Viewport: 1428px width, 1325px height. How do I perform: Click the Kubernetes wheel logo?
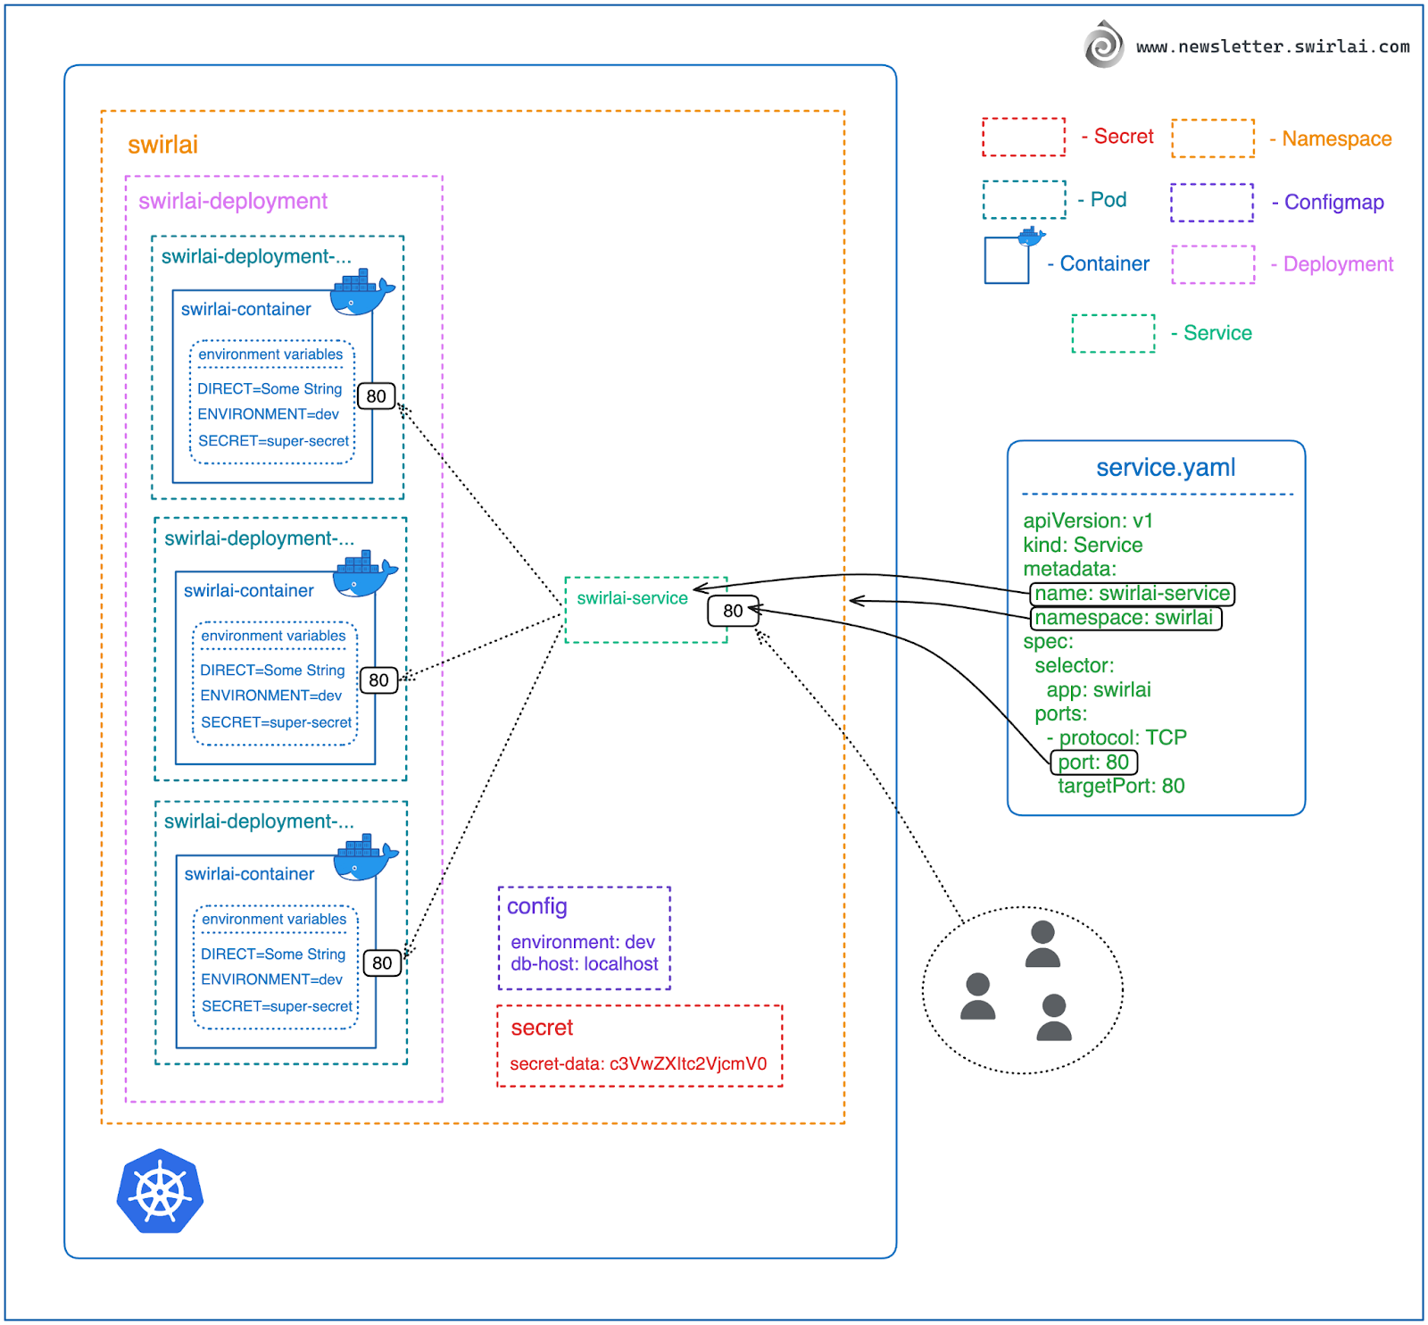161,1192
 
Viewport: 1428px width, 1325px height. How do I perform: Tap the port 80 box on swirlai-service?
733,611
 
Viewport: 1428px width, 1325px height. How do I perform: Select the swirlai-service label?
632,598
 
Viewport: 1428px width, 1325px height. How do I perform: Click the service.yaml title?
1166,468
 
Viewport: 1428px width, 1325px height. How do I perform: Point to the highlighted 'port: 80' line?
1093,762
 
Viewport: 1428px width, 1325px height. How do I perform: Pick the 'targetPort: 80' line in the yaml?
1121,787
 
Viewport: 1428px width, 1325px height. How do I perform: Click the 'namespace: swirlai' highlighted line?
1125,618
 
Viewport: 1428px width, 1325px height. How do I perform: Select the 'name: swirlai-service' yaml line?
1132,594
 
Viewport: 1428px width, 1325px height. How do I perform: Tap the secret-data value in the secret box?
638,1064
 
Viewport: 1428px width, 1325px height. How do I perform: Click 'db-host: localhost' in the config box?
584,964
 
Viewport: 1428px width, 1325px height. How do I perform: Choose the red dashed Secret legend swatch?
1024,137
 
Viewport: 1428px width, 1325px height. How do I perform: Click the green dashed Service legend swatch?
1113,334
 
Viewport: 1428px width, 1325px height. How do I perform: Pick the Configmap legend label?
1333,203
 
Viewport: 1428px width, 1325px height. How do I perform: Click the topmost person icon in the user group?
1042,945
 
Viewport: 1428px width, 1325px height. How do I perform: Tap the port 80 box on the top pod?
376,396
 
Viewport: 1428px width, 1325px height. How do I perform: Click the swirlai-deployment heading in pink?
233,202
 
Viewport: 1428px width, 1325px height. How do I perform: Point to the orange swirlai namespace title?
162,146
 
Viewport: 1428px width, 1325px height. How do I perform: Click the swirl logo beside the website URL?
1104,45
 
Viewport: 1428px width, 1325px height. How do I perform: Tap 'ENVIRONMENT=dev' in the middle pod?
270,696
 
